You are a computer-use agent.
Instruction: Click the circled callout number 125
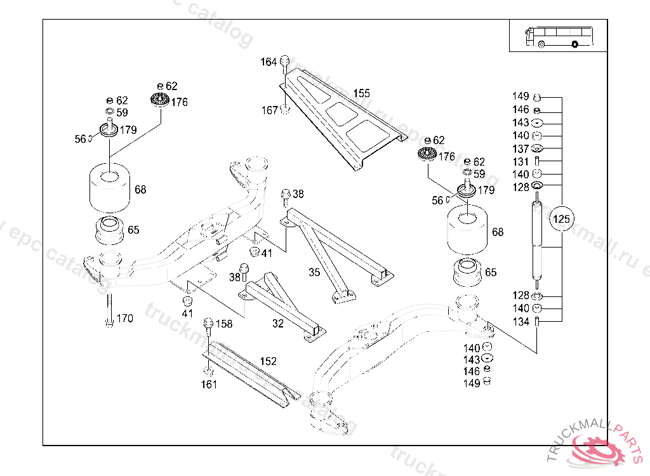pos(562,220)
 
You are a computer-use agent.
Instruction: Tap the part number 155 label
pos(361,93)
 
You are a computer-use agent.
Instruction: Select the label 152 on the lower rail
pos(268,361)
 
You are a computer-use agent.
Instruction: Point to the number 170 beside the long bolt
pos(124,318)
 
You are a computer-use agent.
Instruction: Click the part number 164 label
pos(269,62)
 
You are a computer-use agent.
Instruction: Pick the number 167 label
pos(270,110)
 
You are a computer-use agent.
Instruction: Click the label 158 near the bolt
pos(224,324)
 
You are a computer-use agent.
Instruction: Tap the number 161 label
pos(209,384)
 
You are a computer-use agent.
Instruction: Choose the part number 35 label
pos(314,273)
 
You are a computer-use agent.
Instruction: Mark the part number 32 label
pos(277,324)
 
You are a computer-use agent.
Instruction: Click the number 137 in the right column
pos(521,149)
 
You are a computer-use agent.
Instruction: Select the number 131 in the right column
pos(521,162)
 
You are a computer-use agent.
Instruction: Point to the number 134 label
pos(521,322)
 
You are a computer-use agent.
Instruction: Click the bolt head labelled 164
pos(285,60)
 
